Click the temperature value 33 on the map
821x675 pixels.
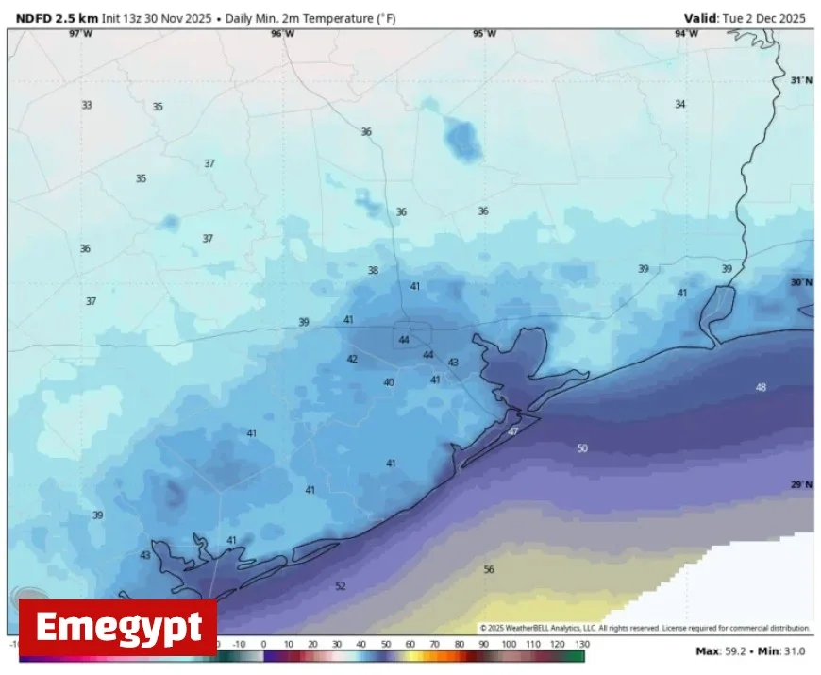[87, 105]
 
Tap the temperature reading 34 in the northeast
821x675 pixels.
[679, 104]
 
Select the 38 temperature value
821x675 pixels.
[373, 270]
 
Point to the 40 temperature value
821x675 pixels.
[389, 382]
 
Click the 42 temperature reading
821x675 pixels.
[352, 359]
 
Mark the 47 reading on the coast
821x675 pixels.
[513, 431]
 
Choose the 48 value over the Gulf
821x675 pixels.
[761, 387]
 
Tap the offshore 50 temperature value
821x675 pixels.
[582, 448]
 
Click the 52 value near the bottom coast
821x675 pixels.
[341, 586]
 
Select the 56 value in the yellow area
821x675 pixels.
[489, 569]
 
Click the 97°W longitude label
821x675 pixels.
[81, 34]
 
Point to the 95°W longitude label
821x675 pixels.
[484, 34]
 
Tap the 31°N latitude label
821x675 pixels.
[800, 80]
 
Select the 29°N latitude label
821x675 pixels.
[800, 484]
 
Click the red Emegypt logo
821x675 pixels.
[118, 627]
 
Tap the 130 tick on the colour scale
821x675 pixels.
[582, 644]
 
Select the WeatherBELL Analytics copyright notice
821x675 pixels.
[645, 628]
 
